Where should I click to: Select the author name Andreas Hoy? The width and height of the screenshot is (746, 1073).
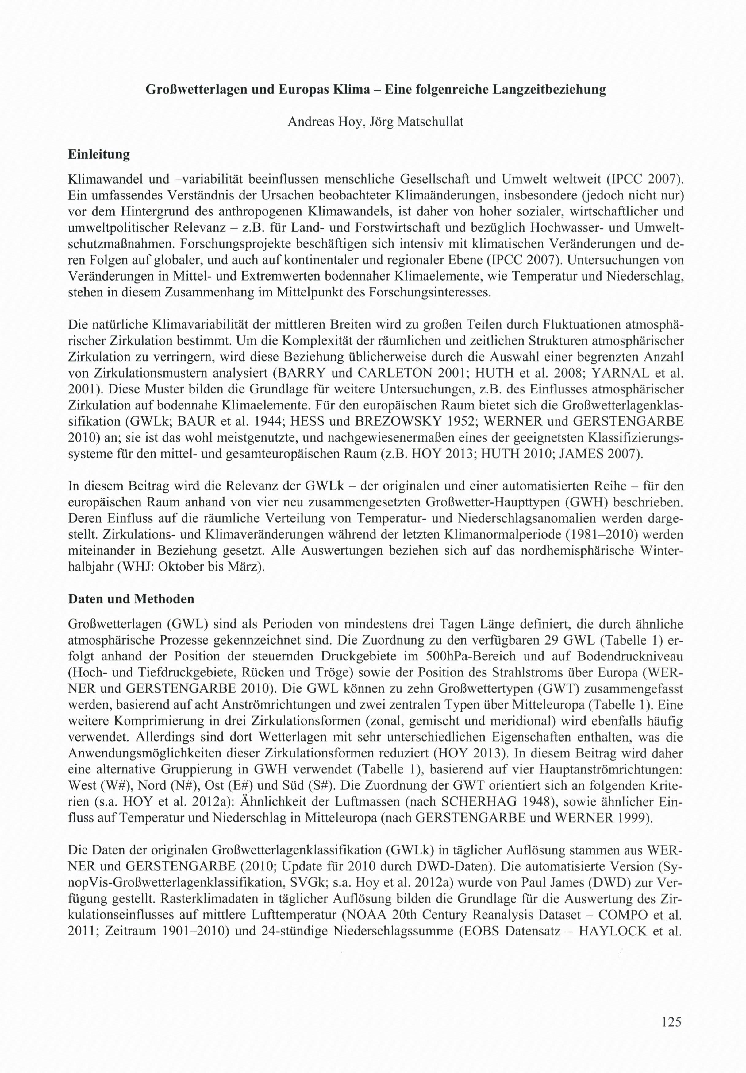(x=325, y=122)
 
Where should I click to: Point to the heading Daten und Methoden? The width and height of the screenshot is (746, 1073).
(x=131, y=599)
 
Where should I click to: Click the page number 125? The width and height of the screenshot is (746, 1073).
(x=671, y=1022)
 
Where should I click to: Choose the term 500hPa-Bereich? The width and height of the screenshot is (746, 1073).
(x=471, y=656)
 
